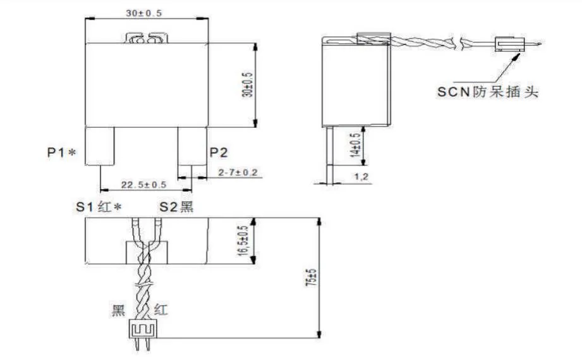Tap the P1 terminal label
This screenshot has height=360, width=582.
(60, 152)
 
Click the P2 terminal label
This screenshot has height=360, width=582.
(219, 152)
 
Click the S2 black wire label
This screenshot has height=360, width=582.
(176, 207)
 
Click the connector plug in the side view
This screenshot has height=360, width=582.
(509, 45)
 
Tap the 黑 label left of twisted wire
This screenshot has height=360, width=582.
(119, 310)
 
